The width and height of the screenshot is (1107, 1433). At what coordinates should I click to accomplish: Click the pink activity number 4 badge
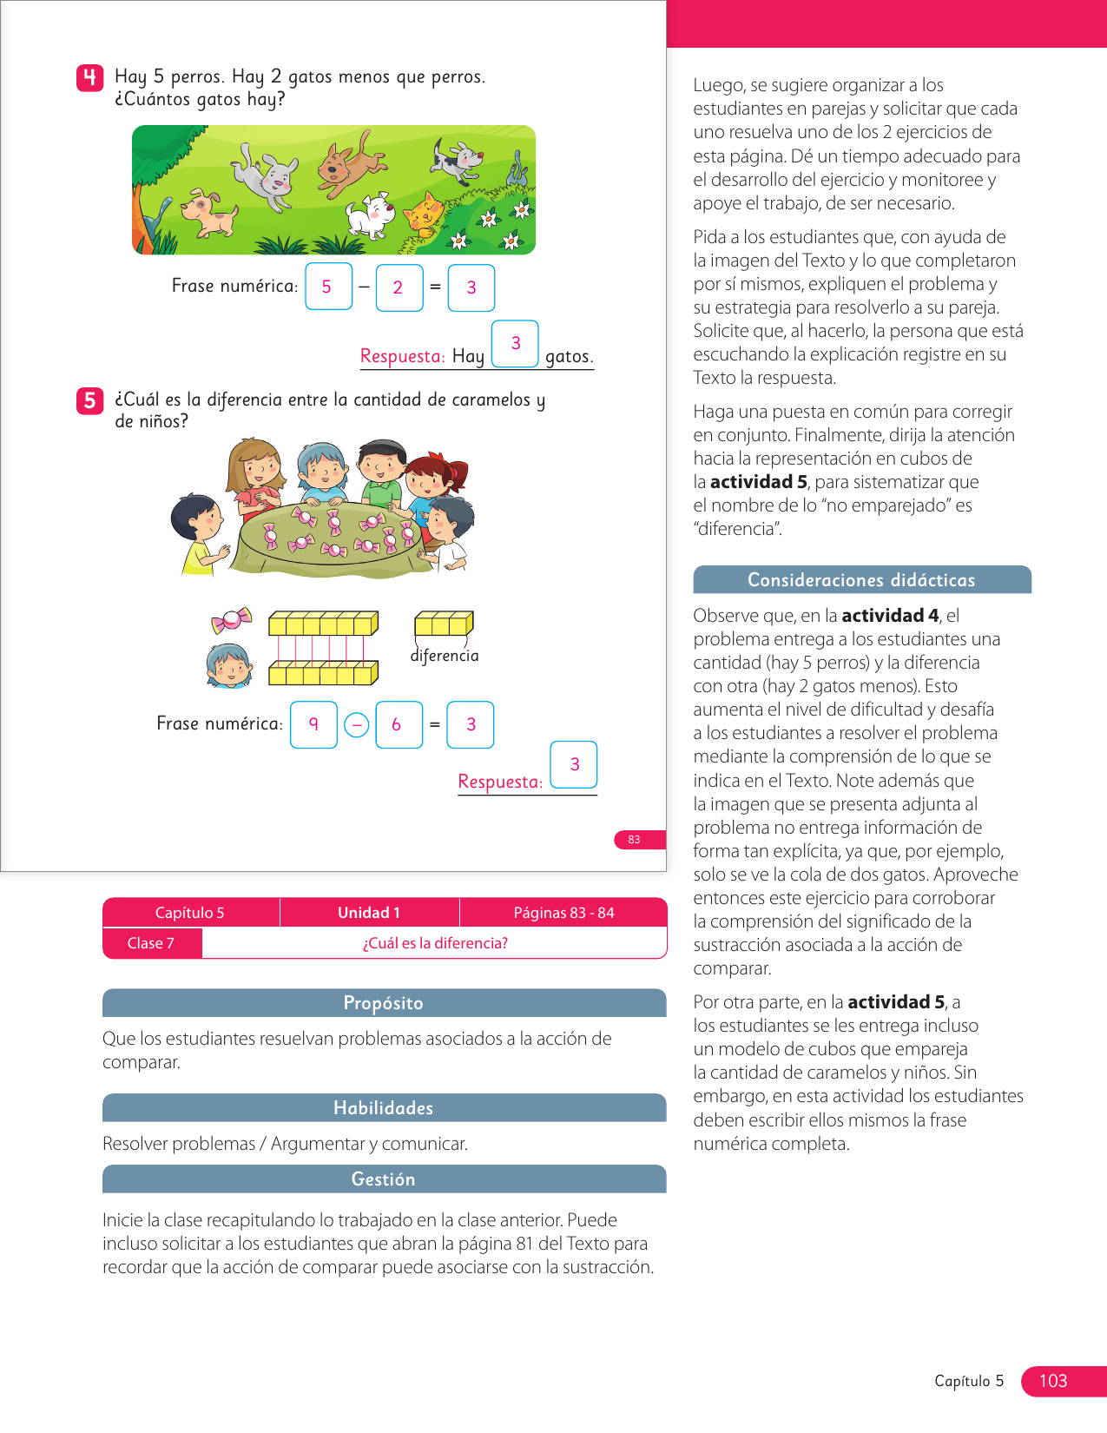(x=89, y=78)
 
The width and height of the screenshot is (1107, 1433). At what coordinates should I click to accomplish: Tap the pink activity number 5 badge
(x=89, y=400)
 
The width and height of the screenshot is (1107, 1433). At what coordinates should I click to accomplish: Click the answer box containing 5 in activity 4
(x=328, y=287)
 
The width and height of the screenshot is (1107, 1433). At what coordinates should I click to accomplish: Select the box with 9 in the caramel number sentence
(x=313, y=724)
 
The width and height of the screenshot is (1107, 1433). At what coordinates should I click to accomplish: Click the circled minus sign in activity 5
(x=356, y=724)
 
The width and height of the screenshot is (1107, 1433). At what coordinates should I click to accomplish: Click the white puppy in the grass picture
(x=371, y=215)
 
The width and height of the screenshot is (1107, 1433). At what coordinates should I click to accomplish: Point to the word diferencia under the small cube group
(x=445, y=656)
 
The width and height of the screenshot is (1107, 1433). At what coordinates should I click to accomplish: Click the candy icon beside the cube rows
(x=231, y=620)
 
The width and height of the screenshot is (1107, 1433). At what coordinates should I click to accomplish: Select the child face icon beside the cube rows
(x=229, y=666)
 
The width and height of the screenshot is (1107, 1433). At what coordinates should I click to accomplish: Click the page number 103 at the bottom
(x=1054, y=1381)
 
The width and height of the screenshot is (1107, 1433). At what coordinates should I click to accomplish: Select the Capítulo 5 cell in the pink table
(x=190, y=913)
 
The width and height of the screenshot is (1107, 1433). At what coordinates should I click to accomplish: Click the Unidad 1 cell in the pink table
(x=369, y=913)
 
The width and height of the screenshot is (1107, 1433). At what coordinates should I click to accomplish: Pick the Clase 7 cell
(x=151, y=943)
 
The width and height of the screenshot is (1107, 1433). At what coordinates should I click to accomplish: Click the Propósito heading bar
(x=384, y=1003)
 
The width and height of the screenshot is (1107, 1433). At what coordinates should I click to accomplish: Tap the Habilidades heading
(x=384, y=1108)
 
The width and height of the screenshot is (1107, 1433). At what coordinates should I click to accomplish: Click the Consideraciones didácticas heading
(x=861, y=580)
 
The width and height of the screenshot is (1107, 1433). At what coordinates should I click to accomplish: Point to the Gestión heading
(x=384, y=1179)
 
